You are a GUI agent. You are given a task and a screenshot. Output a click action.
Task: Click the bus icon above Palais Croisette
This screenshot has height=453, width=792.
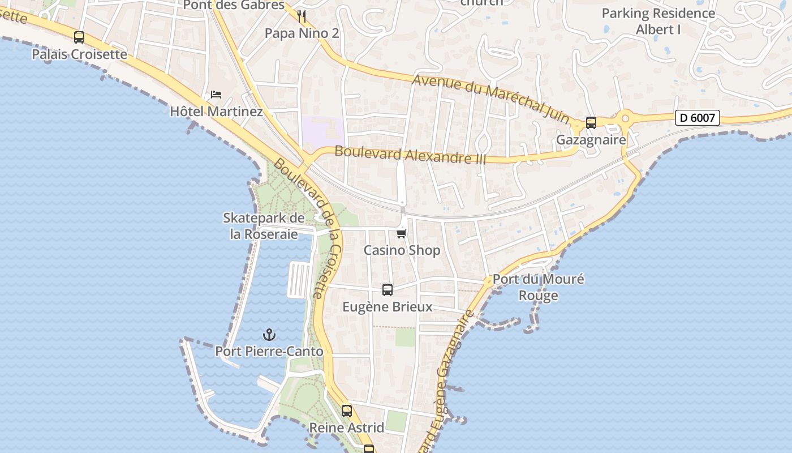click(79, 37)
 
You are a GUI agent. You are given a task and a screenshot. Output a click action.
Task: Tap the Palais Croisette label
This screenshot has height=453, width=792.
click(79, 54)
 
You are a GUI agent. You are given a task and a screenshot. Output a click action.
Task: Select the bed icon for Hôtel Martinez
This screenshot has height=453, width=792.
click(216, 95)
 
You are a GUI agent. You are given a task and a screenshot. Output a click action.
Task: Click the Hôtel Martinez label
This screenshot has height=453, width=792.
click(217, 112)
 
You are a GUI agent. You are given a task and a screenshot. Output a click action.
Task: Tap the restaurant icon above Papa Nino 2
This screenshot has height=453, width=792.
click(302, 16)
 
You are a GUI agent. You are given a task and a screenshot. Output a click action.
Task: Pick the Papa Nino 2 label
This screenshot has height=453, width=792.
click(302, 33)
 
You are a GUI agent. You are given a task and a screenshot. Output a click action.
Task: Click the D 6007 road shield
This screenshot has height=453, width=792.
click(698, 118)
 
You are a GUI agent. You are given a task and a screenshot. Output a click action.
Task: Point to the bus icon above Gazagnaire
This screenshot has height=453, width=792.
click(591, 122)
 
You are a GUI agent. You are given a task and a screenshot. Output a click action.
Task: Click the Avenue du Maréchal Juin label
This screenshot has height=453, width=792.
click(490, 98)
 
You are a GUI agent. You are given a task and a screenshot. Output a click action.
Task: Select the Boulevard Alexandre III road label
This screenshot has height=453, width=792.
click(410, 155)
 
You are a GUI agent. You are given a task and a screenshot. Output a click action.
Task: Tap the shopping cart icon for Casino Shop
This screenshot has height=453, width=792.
click(402, 233)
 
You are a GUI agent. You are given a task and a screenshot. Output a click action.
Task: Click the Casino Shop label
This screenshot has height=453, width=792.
click(402, 250)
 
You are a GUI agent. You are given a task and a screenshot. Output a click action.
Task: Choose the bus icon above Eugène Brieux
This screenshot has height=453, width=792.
click(388, 290)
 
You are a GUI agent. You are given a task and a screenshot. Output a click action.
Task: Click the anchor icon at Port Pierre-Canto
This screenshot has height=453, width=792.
click(269, 334)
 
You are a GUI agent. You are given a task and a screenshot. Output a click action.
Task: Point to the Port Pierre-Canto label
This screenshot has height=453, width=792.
click(269, 351)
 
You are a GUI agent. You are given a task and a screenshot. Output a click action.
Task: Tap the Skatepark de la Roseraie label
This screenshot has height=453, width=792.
click(264, 226)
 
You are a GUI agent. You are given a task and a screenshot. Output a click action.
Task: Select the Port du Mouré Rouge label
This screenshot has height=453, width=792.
click(538, 287)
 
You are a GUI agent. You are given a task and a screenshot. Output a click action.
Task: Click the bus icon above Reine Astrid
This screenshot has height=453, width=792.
click(347, 411)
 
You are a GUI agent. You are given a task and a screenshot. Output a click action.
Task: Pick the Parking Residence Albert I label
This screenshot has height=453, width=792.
click(658, 21)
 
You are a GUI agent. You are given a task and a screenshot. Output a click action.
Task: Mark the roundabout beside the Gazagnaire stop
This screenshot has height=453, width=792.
click(625, 119)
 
